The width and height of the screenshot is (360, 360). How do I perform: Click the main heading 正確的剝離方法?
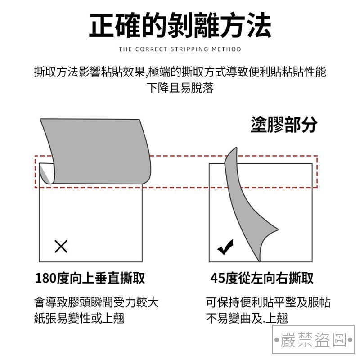pyautogui.click(x=180, y=25)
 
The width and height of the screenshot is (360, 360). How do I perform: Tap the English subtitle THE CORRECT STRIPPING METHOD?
pyautogui.click(x=180, y=49)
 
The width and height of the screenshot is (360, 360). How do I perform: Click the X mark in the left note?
pyautogui.click(x=61, y=246)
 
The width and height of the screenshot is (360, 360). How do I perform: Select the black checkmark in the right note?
pyautogui.click(x=225, y=247)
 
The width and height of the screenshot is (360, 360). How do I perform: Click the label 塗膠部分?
pyautogui.click(x=284, y=125)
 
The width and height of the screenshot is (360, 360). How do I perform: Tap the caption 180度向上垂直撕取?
pyautogui.click(x=90, y=278)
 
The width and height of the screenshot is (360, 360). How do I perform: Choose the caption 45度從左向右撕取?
pyautogui.click(x=262, y=278)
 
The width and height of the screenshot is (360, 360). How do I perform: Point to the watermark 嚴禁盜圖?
pyautogui.click(x=313, y=339)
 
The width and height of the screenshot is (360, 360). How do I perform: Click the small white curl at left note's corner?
pyautogui.click(x=46, y=173)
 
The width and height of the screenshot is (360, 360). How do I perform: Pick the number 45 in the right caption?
pyautogui.click(x=217, y=278)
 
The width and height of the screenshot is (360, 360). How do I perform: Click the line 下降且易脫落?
pyautogui.click(x=180, y=88)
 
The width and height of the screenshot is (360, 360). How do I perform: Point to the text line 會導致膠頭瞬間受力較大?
pyautogui.click(x=96, y=302)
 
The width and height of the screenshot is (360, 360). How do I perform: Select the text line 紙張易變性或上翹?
pyautogui.click(x=79, y=319)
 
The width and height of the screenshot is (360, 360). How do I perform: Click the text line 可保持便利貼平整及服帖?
pyautogui.click(x=268, y=302)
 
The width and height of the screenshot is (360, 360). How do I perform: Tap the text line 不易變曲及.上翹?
pyautogui.click(x=247, y=319)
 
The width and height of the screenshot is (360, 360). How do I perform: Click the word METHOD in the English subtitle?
pyautogui.click(x=226, y=49)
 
